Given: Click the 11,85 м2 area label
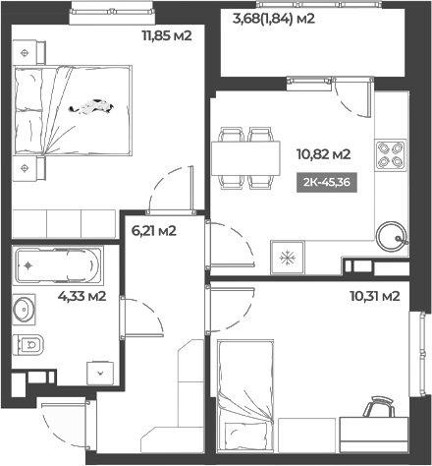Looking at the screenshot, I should pyautogui.click(x=167, y=37).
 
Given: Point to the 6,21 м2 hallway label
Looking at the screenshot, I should pyautogui.click(x=154, y=232).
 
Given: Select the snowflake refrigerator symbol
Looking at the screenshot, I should pyautogui.click(x=289, y=259).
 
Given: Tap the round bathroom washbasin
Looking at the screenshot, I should pyautogui.click(x=26, y=310).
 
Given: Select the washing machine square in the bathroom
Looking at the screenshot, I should pyautogui.click(x=99, y=374).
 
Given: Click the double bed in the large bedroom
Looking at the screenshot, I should pyautogui.click(x=74, y=110).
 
